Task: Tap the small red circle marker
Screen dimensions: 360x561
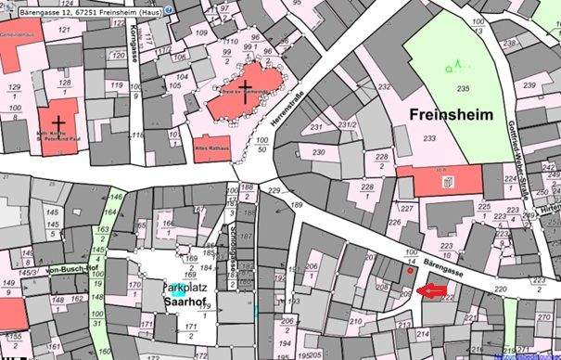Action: pos(411,272)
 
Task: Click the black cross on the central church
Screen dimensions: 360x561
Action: pos(244,88)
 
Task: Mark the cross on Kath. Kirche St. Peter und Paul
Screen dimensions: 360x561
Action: pos(58,122)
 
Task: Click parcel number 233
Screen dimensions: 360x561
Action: pos(429,137)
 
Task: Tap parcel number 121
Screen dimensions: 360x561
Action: pos(64,31)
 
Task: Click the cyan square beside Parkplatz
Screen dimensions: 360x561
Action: pos(176,289)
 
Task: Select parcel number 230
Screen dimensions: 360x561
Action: pos(318,152)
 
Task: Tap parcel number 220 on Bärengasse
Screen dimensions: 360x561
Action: pos(501,290)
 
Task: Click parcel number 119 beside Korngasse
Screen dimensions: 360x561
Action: pos(117,84)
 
